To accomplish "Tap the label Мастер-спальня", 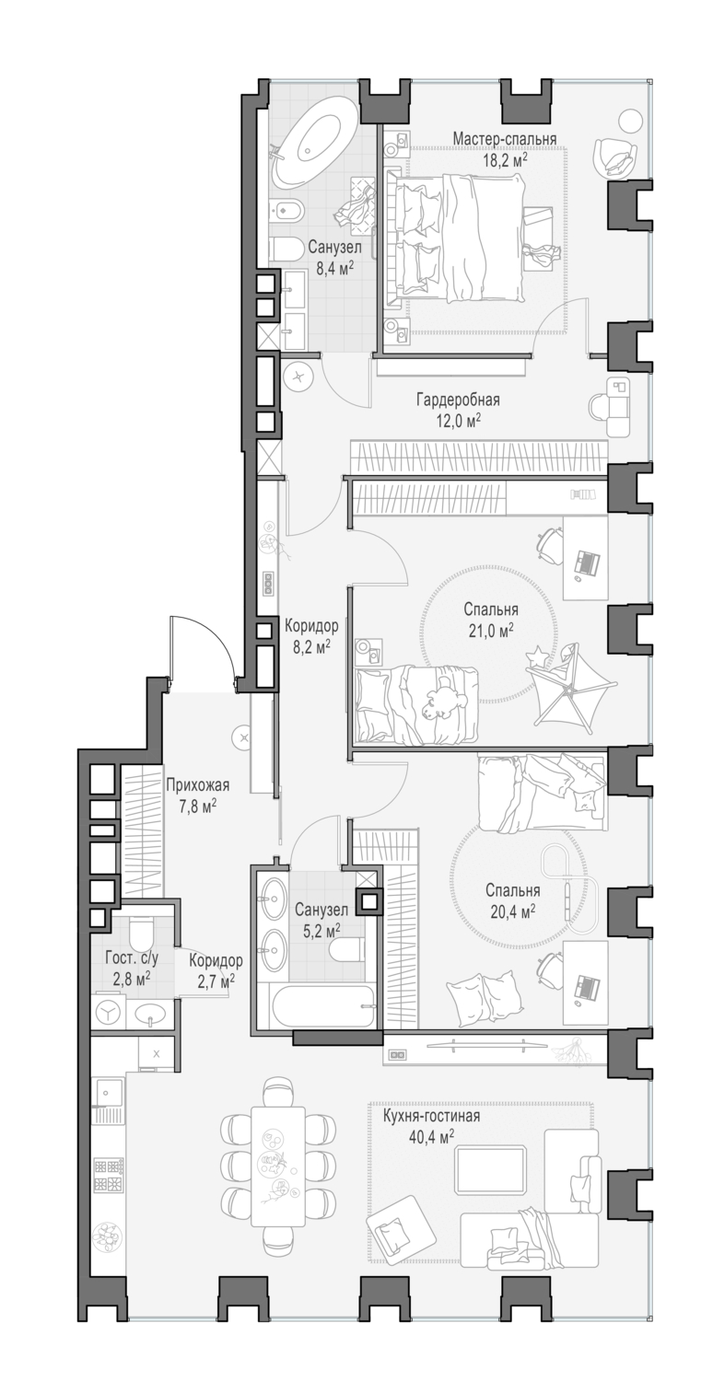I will pyautogui.click(x=505, y=139).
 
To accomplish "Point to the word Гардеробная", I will pyautogui.click(x=458, y=400).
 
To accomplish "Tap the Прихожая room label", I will pyautogui.click(x=197, y=785).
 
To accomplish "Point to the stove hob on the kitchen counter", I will pyautogui.click(x=108, y=1174).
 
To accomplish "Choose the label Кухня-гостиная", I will pyautogui.click(x=431, y=1117).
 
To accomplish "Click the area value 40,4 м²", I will pyautogui.click(x=431, y=1137).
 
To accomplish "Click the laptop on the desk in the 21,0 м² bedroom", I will pyautogui.click(x=586, y=561).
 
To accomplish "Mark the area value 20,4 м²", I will pyautogui.click(x=513, y=911).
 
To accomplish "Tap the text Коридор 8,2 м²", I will pyautogui.click(x=310, y=636).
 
